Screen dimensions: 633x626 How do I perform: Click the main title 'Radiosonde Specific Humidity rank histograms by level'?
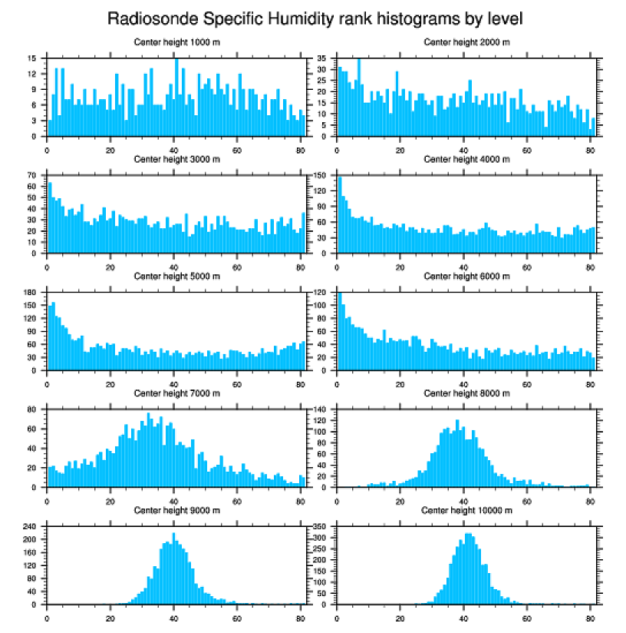(315, 18)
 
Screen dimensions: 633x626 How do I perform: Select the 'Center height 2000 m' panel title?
(466, 41)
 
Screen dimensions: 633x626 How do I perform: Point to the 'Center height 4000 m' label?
(466, 159)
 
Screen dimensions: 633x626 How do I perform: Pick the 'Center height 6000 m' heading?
(466, 276)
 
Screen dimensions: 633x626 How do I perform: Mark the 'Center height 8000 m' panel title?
(466, 393)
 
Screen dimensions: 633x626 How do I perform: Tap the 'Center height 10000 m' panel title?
(466, 510)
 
